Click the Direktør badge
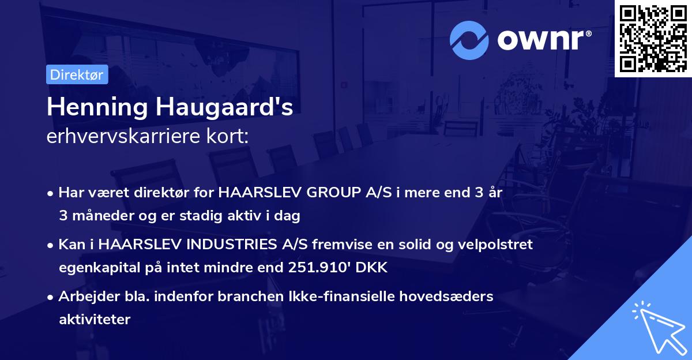77,74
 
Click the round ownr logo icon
469,40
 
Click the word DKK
375,268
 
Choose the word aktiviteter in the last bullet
95,319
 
